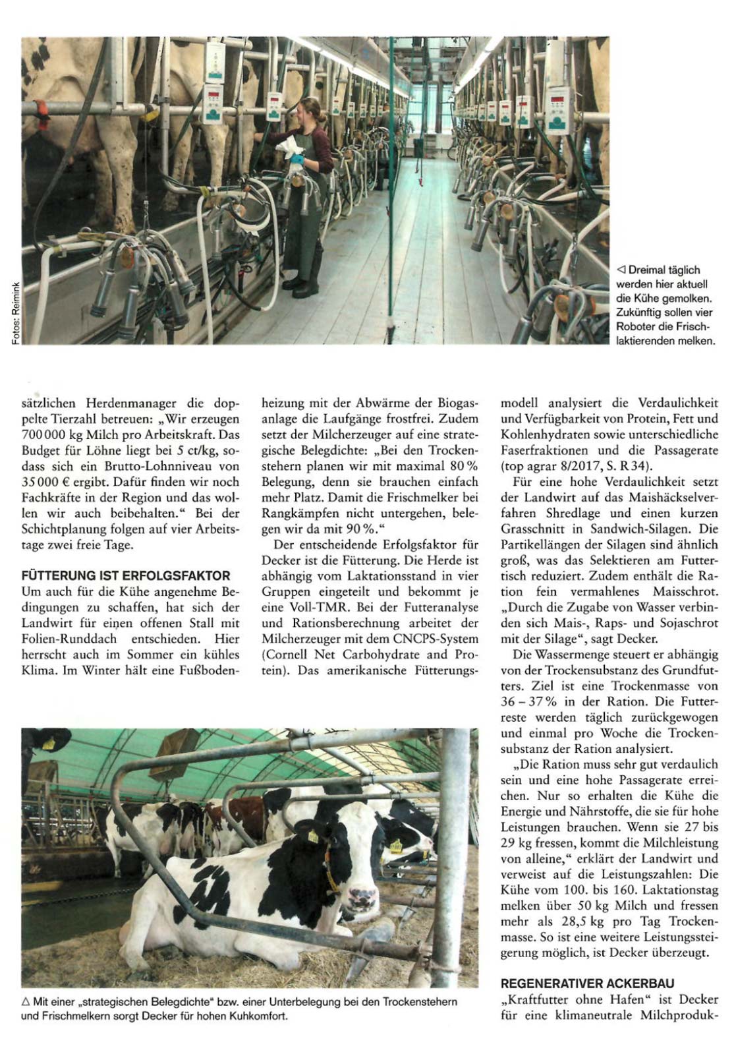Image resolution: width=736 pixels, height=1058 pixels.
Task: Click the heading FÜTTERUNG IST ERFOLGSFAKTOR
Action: click(126, 575)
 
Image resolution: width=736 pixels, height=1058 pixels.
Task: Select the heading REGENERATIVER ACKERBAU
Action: click(587, 983)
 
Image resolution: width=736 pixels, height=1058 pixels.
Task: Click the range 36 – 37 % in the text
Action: click(531, 701)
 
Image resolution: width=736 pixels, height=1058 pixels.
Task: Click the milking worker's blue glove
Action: click(298, 160)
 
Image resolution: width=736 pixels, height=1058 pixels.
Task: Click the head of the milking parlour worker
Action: click(310, 110)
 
